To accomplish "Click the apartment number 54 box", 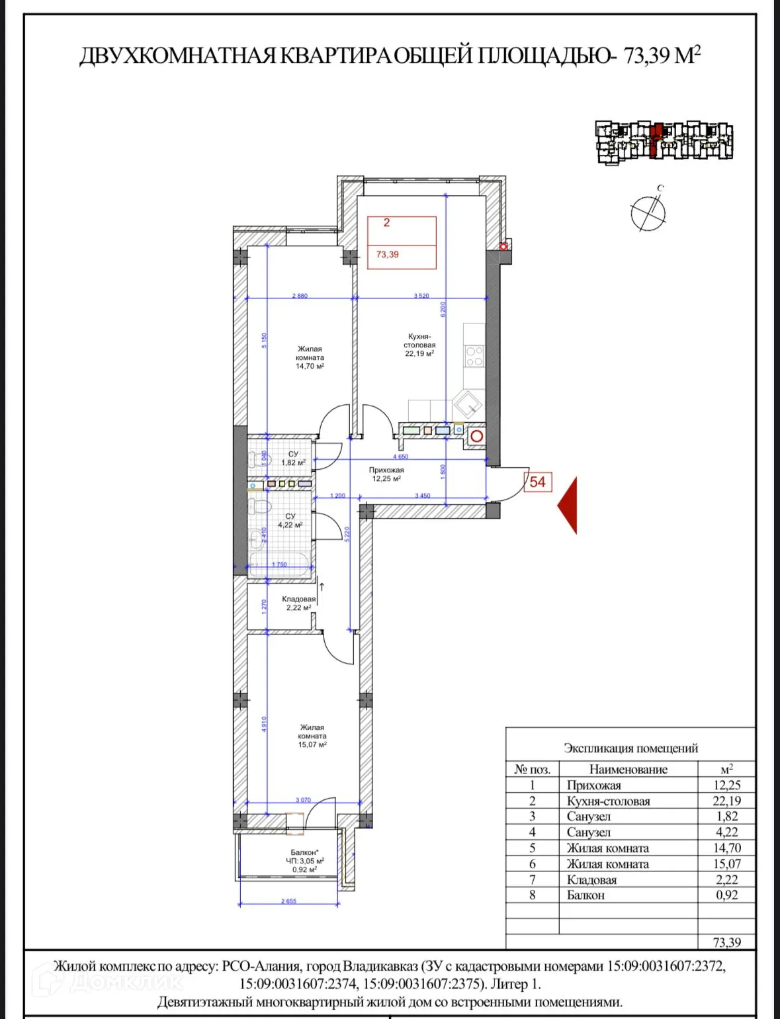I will click(537, 482).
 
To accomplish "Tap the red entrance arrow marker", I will click(568, 506).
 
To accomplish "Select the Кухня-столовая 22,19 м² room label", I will click(419, 345).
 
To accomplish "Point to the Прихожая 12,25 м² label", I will click(386, 474).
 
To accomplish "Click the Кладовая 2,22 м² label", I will click(298, 603).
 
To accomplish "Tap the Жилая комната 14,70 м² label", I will click(310, 357).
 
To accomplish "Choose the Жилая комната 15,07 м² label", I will click(312, 736).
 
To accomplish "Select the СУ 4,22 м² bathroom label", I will click(290, 521).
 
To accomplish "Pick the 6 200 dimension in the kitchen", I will click(443, 308).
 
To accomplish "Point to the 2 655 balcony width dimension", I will click(288, 901).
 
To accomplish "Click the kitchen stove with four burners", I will click(474, 357).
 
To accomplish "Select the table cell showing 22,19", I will click(726, 801).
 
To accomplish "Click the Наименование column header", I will click(628, 769).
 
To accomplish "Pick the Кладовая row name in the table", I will click(591, 879).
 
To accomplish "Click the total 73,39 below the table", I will click(726, 942).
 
